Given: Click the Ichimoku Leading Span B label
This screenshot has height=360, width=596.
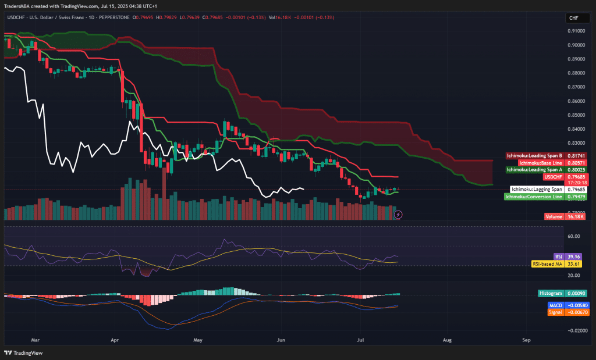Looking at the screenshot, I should [x=534, y=156].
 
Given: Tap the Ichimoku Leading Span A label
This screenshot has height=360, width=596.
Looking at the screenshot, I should [x=534, y=169].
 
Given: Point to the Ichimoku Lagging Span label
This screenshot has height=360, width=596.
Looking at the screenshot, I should [x=536, y=189].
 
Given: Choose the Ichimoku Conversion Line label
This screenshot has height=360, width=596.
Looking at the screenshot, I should [x=533, y=197].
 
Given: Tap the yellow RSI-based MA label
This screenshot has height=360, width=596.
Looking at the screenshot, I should [x=548, y=263].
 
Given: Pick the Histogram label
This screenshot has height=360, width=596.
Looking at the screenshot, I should [x=551, y=294].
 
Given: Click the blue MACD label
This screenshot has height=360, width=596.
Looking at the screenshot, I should [x=555, y=305].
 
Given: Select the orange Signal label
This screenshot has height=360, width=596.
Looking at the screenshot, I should [x=555, y=312].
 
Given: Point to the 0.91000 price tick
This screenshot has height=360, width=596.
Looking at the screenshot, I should [x=576, y=31].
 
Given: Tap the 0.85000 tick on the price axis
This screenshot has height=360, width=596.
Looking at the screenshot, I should [x=576, y=115].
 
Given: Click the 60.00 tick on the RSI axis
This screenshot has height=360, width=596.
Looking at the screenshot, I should [x=574, y=236].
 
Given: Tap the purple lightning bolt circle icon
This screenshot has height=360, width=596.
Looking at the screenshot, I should [x=398, y=214].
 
